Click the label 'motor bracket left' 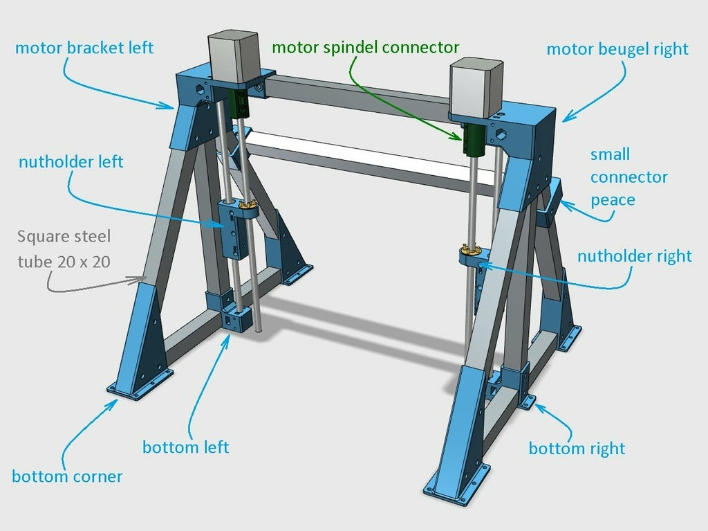click(84, 48)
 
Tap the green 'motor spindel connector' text click(365, 47)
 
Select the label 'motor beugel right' click(617, 49)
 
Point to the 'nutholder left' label click(71, 162)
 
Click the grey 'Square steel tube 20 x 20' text click(63, 249)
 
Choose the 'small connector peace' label click(628, 177)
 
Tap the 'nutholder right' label click(634, 256)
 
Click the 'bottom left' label click(185, 447)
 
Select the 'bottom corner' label click(67, 476)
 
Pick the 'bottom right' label click(577, 449)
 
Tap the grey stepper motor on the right click(474, 86)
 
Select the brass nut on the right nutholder click(471, 250)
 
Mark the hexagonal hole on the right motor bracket click(500, 132)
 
